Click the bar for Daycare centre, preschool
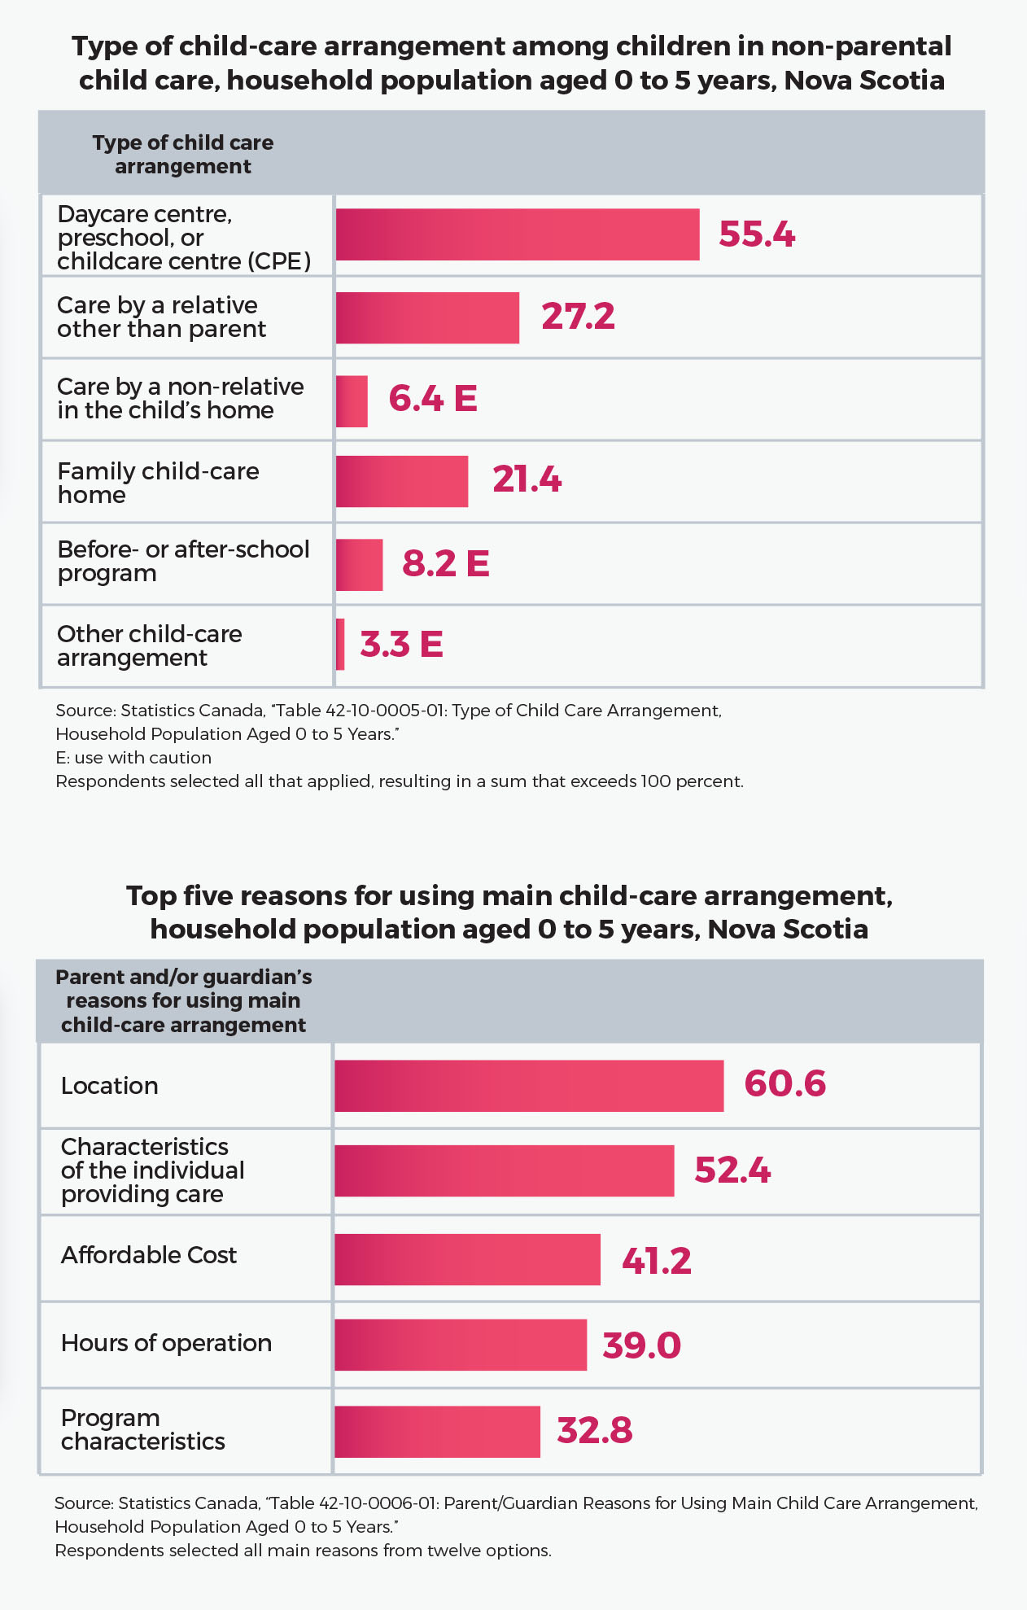pos(517,234)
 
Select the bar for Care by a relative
pos(427,317)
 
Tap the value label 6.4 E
pos(432,399)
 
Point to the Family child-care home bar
pos(401,481)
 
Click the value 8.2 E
pos(445,563)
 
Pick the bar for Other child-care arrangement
pos(340,645)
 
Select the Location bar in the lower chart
pos(529,1086)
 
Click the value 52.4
pos(732,1170)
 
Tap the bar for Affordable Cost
pos(467,1259)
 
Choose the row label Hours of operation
pos(167,1343)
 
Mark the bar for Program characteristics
pos(437,1431)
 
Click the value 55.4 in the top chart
pos(756,234)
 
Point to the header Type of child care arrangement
pos(183,154)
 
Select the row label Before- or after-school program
pos(183,561)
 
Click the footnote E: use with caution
pos(133,758)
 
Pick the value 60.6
pos(784,1084)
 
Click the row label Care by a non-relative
pos(180,398)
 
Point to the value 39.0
pos(641,1345)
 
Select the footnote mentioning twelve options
pos(303,1551)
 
